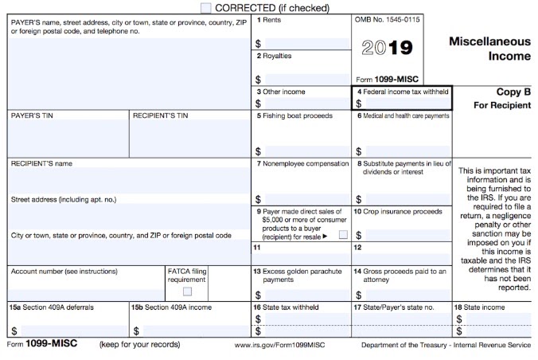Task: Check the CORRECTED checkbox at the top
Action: coord(207,7)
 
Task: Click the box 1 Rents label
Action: coord(267,19)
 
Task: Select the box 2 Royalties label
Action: coord(274,56)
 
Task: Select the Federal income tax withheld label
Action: coord(403,92)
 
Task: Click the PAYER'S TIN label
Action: coord(31,115)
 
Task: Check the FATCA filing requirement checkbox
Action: coord(187,292)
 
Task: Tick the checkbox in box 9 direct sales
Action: coord(343,235)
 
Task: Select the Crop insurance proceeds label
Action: coord(401,211)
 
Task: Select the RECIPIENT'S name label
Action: coord(41,163)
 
